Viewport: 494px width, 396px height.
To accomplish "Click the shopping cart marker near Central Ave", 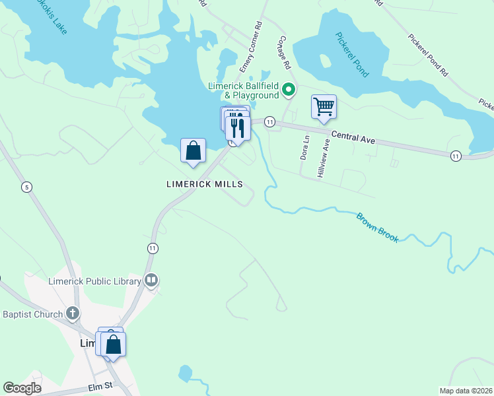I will pos(324,107).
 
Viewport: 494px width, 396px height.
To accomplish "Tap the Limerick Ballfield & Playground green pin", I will pos(289,88).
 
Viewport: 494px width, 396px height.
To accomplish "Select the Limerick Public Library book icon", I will pos(152,281).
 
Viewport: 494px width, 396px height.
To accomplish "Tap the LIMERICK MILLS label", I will pos(205,185).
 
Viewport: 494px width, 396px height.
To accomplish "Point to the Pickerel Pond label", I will pos(351,55).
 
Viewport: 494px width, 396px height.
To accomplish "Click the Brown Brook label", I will pos(378,227).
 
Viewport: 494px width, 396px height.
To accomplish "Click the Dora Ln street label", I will pos(305,148).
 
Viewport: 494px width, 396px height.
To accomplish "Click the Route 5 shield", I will pos(26,186).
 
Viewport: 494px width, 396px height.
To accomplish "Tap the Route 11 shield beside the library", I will pos(153,247).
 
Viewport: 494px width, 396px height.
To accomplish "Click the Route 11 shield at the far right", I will pos(456,156).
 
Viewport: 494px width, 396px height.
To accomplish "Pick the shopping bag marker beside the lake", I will pos(192,150).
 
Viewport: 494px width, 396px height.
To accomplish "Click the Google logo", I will pos(22,388).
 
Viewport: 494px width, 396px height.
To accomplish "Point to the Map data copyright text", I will pos(466,391).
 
